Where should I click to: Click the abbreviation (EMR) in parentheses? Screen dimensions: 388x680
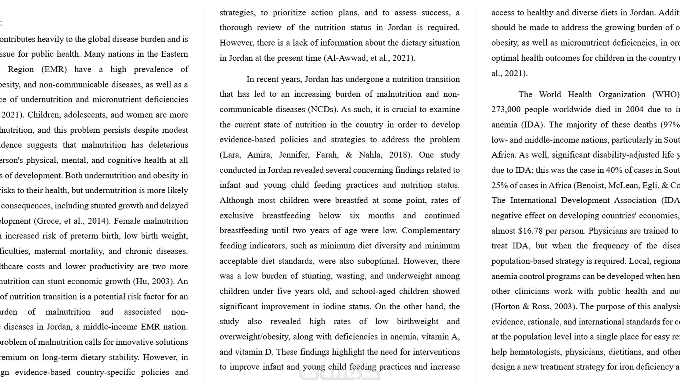point(54,69)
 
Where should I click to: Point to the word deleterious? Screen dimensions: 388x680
point(168,145)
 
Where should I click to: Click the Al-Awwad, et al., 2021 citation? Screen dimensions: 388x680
point(370,58)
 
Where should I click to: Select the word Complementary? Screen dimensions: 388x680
point(431,230)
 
